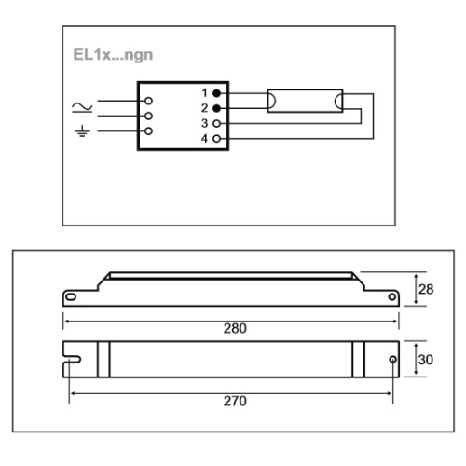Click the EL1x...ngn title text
pos(114,54)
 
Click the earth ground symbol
pos(81,131)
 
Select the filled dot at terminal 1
pos(216,93)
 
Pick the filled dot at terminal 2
pos(216,108)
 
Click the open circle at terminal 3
pos(216,123)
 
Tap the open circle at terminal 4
pos(216,138)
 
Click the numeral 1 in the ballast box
pos(204,93)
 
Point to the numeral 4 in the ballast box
pos(204,138)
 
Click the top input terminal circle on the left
pos(146,99)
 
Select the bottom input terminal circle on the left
pos(146,131)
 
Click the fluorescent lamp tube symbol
pos(305,100)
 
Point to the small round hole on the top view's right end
pos(391,360)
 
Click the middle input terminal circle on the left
pos(146,116)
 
